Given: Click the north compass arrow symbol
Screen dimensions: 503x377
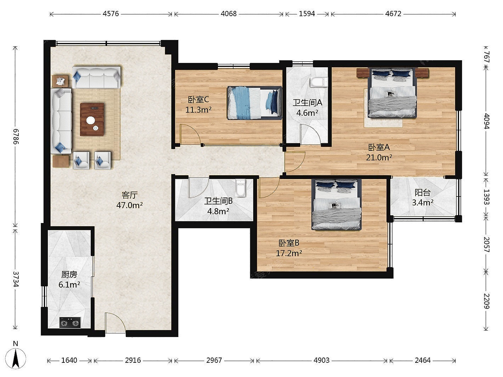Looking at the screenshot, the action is pos(16,359).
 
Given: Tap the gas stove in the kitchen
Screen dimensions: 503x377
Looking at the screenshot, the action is pos(70,323).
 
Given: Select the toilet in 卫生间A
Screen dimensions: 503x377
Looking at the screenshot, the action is pos(319,82).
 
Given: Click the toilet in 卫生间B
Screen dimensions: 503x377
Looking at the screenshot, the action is pos(241,188).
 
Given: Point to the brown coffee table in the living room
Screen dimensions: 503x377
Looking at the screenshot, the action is pos(92,119).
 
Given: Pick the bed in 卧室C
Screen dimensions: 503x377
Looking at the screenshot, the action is pos(254,103).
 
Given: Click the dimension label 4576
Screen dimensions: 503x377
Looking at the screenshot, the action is pos(111,14).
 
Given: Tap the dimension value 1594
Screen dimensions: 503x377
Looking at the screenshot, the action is pos(307,14).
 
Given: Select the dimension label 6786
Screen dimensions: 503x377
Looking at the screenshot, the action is pos(16,136).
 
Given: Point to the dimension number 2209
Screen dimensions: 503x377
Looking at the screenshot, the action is pos(486,301).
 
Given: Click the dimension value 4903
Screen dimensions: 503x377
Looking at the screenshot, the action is pos(322,360).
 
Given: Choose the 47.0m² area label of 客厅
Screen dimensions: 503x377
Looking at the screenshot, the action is pos(130,205).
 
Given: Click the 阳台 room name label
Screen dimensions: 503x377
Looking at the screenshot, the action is pos(423,193).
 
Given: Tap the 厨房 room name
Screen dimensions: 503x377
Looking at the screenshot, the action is pos(69,274).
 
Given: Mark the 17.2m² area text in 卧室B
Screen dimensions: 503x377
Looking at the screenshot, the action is pos(289,253).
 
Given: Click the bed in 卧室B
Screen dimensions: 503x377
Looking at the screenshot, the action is pos(337,205).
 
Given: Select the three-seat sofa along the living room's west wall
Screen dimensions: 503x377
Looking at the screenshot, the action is pos(61,121).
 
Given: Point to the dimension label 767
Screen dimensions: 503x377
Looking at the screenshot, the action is pos(486,57).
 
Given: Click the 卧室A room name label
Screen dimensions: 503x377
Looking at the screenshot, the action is pos(379,147).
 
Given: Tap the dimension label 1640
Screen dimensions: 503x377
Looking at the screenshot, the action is pos(69,360).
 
